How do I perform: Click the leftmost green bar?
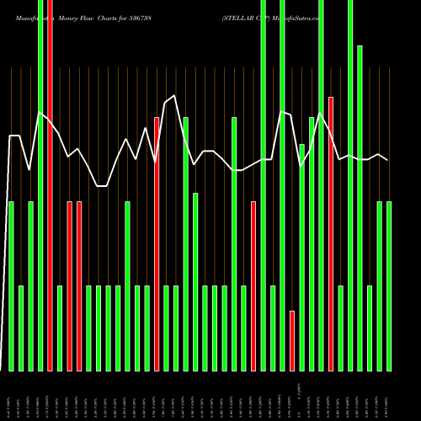11,286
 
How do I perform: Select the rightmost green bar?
389,286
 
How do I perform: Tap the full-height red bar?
50,185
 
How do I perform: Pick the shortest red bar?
292,341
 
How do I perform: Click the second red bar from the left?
69,286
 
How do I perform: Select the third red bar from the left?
79,286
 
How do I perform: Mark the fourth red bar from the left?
157,244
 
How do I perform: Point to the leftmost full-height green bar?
40,185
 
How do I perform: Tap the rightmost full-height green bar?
350,185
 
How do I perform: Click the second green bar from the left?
21,328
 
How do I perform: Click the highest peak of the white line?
174,96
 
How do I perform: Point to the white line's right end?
388,160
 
